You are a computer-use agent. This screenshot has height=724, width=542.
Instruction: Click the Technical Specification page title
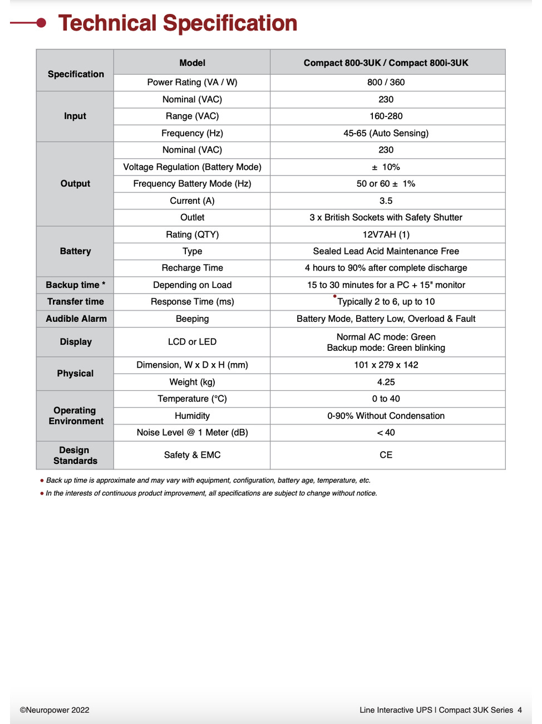178,23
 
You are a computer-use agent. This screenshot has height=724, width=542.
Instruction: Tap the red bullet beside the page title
41,23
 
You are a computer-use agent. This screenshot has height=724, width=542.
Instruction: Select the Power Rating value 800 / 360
386,82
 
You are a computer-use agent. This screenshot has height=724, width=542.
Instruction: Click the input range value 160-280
386,116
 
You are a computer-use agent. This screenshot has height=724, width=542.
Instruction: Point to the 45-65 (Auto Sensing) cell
386,133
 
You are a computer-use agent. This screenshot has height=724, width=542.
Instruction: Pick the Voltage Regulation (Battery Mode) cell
192,167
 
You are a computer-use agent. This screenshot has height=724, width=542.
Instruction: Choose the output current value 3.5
386,200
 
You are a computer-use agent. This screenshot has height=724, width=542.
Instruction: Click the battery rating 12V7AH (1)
386,234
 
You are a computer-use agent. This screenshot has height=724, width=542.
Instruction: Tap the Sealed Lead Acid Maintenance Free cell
386,251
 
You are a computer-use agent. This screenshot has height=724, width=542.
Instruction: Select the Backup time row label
75,285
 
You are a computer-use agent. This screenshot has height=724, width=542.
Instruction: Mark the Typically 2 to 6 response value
386,302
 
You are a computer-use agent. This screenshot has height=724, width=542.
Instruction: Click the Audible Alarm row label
76,319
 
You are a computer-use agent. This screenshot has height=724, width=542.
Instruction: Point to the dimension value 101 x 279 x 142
386,365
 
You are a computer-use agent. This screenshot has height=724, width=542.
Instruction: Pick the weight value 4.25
386,382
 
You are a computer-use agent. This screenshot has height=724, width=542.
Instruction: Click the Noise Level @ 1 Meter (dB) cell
192,433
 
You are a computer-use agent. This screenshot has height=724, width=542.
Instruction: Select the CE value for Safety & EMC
386,455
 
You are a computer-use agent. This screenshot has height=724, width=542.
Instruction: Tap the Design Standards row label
75,455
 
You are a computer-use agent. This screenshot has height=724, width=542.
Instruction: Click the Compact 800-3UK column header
386,63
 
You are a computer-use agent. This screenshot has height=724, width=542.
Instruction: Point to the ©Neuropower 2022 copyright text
55,710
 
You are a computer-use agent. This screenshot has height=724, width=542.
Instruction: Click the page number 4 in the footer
520,710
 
